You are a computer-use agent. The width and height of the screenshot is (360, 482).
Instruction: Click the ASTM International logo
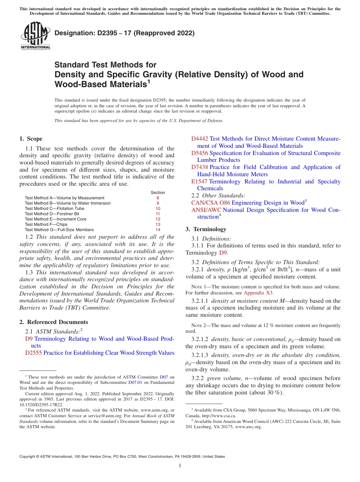click(35, 36)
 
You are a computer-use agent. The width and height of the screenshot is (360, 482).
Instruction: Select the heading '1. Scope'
click(31, 139)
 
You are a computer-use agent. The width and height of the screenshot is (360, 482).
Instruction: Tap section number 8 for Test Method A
click(158, 198)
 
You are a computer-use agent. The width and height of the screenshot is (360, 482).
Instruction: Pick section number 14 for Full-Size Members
click(158, 230)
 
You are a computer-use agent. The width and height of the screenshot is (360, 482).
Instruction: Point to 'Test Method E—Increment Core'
click(56, 219)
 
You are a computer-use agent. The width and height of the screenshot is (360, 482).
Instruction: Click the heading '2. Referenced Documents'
click(54, 322)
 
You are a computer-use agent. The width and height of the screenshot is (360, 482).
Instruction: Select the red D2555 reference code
click(33, 353)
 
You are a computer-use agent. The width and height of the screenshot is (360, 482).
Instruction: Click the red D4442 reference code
click(199, 139)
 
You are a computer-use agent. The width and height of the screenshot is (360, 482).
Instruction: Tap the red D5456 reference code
click(199, 153)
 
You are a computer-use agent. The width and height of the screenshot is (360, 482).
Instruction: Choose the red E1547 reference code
click(199, 182)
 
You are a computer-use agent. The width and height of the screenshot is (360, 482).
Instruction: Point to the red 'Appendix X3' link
click(258, 293)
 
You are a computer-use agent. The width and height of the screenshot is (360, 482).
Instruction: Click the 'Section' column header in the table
click(158, 192)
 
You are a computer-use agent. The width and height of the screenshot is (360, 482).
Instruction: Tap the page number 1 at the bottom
click(180, 465)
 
